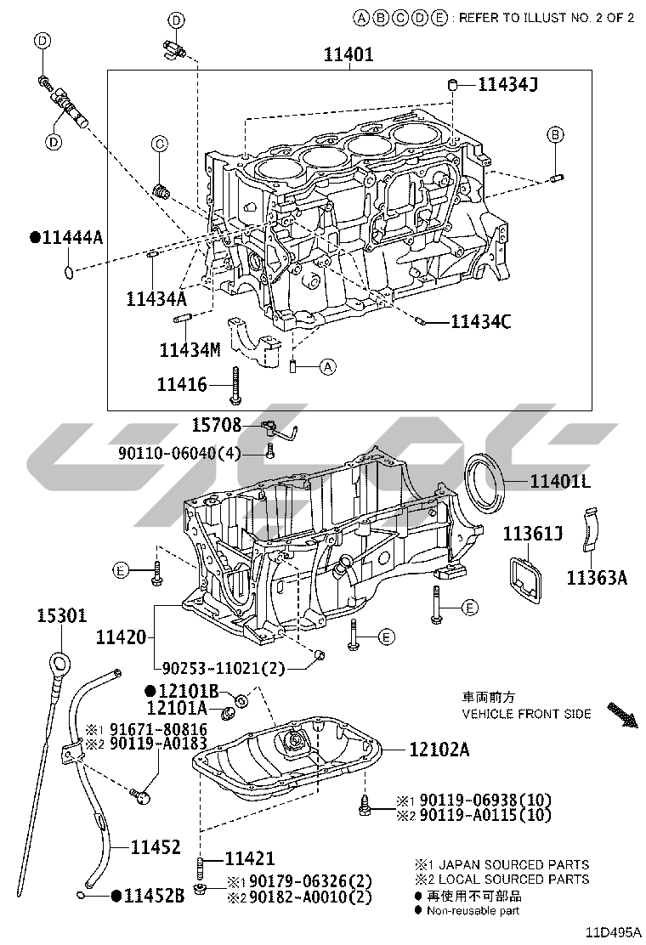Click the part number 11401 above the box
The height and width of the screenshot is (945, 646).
(x=348, y=54)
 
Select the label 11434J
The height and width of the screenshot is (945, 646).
(x=507, y=84)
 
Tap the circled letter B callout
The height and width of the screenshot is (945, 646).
(x=555, y=135)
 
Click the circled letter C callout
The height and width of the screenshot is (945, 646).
(x=160, y=144)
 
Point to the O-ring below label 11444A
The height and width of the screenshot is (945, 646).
(x=70, y=273)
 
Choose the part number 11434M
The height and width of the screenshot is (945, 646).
(x=190, y=349)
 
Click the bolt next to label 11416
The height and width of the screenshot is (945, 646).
(x=235, y=385)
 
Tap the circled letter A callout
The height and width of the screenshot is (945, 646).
(x=328, y=366)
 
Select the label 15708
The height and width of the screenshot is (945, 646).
(x=217, y=425)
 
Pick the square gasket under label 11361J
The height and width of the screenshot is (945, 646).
(x=526, y=577)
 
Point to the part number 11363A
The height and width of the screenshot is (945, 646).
(x=597, y=578)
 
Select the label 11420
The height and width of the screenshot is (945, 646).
(x=121, y=637)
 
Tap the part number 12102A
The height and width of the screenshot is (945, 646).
(x=439, y=750)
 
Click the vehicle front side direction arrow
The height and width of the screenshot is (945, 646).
(x=622, y=714)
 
